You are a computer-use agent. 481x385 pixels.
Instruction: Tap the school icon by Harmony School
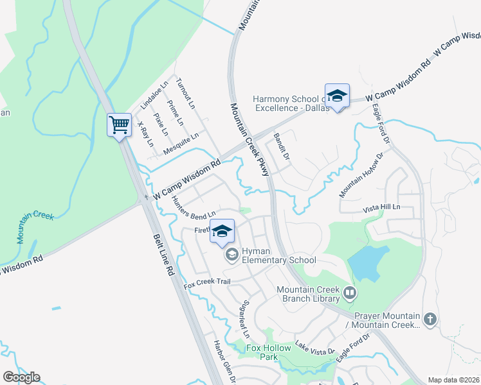pos(337,96)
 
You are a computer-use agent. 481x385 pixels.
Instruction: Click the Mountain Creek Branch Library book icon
pos(350,294)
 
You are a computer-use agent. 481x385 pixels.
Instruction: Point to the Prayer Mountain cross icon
pos(430,318)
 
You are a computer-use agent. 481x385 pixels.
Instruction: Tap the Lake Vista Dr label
pos(315,348)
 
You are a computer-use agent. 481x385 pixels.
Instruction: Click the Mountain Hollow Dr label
pos(361,175)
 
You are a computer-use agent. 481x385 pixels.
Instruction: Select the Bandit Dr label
pos(282,148)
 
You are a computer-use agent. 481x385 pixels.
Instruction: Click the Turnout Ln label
pos(188,94)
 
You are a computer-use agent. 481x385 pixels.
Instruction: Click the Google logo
pos(21,377)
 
